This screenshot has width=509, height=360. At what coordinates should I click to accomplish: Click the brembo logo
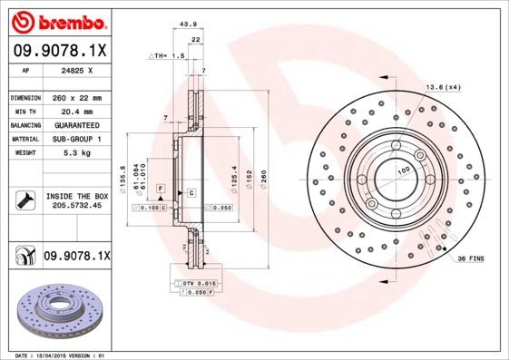click(61, 20)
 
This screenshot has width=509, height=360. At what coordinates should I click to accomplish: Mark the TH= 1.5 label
click(169, 55)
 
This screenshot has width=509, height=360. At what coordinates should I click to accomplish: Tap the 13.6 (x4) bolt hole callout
click(442, 87)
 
